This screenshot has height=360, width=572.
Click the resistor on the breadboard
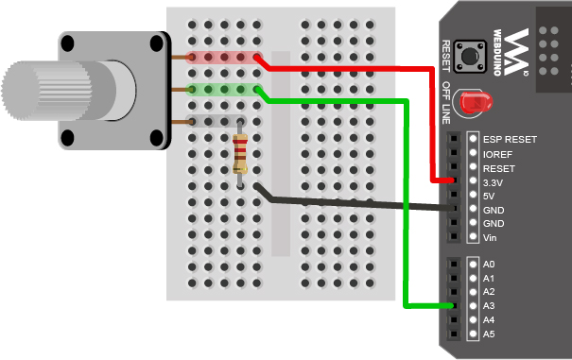[241, 154]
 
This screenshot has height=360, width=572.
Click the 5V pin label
[489, 196]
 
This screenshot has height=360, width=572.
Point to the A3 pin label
[489, 306]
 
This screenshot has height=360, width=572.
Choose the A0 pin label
[489, 265]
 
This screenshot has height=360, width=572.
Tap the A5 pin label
[489, 334]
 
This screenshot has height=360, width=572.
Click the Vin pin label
[490, 237]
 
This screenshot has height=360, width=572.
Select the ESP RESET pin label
[510, 140]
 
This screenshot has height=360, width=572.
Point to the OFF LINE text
[447, 100]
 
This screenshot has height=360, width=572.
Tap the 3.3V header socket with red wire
[455, 180]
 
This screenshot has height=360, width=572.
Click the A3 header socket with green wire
[455, 306]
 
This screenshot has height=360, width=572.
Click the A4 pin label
[489, 320]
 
